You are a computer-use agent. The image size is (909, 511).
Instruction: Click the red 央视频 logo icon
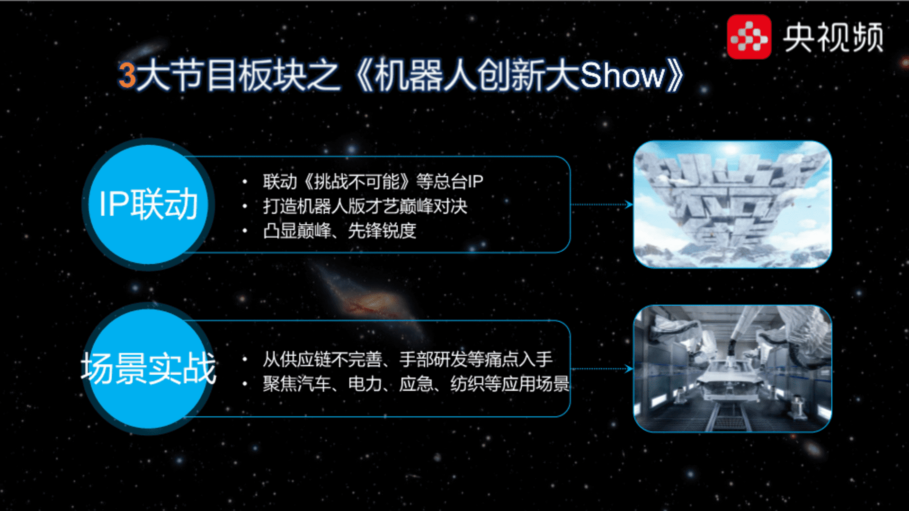749,37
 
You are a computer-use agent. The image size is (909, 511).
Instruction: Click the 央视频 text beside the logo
833,37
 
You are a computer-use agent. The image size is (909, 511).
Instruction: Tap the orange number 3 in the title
127,75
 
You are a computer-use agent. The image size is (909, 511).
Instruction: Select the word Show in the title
623,75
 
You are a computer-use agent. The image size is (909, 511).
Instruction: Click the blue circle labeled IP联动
148,204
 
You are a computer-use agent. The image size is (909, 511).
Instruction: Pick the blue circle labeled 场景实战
148,369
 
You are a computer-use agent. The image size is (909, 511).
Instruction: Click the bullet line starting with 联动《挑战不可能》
373,181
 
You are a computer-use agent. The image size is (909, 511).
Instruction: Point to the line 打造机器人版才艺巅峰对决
365,206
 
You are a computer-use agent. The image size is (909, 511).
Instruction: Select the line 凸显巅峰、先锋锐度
339,231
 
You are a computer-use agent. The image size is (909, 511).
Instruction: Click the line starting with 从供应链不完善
408,359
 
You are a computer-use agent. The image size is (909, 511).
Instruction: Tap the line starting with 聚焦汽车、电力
416,384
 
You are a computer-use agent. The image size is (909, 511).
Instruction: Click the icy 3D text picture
732,204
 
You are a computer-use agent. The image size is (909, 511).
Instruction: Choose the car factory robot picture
732,369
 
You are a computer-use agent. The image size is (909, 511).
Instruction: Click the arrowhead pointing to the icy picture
629,204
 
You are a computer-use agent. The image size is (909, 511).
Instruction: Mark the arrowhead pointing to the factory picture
629,369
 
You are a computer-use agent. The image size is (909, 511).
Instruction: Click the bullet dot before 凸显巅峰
245,231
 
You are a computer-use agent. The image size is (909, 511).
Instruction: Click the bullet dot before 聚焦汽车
245,384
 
